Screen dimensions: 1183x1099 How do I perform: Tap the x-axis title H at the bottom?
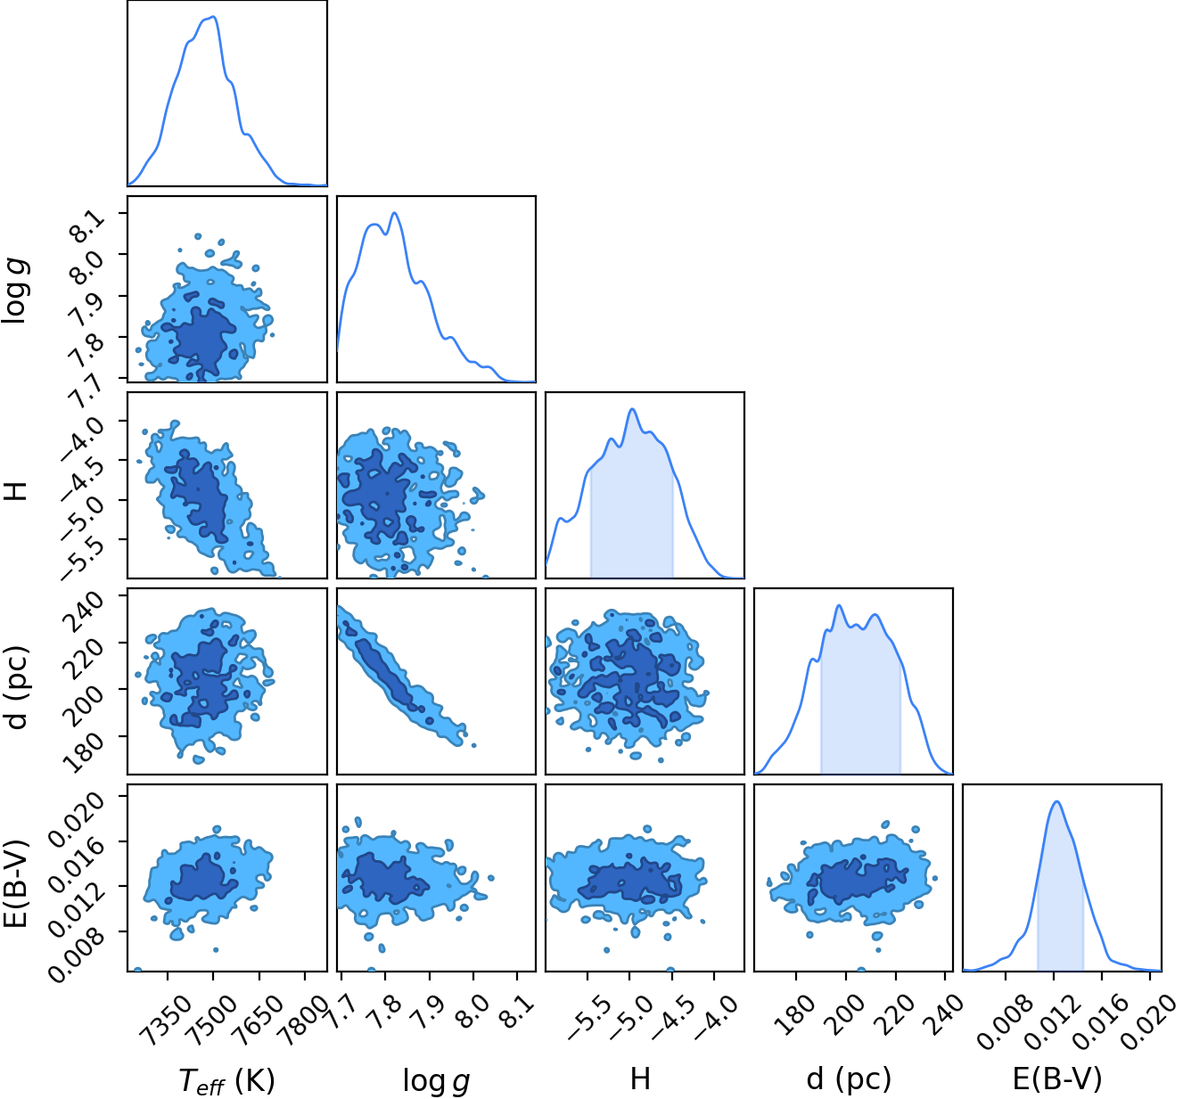click(640, 1078)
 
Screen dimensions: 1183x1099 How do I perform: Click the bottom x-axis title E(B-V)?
click(1057, 1078)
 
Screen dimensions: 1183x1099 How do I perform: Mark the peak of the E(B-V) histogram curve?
click(1057, 801)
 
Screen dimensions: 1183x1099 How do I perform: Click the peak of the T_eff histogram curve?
click(214, 17)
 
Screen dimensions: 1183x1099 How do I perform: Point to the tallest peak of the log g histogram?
click(394, 213)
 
